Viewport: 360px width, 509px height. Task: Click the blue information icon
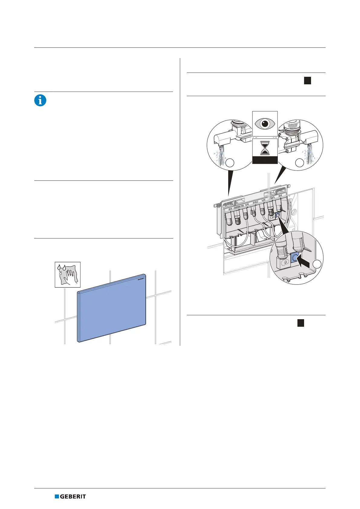coord(40,100)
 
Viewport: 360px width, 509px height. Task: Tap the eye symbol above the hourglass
coord(265,124)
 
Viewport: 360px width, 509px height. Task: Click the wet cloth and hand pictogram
coord(67,274)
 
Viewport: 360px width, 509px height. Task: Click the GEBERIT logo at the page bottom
coord(70,496)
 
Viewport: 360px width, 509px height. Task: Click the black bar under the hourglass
coord(265,160)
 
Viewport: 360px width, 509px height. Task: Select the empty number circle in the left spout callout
coord(230,163)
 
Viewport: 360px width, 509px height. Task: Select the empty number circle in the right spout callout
coord(299,163)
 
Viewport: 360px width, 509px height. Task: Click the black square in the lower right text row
coord(300,323)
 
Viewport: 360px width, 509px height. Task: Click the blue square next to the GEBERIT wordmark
coord(57,496)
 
